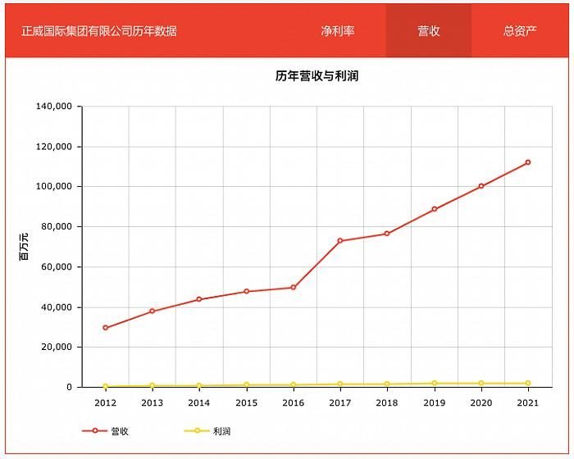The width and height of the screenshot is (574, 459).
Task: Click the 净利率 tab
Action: click(x=338, y=31)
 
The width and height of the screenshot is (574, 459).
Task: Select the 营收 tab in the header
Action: click(x=429, y=31)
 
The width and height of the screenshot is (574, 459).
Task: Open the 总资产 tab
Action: click(x=520, y=31)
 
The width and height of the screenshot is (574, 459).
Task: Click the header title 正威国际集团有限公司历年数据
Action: click(x=99, y=31)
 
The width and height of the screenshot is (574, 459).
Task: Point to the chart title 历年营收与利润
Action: click(x=317, y=76)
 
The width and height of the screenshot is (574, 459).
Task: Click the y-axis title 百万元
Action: click(x=24, y=247)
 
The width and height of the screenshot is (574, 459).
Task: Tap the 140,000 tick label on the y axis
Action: click(x=54, y=107)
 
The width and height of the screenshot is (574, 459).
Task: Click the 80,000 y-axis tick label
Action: click(x=57, y=227)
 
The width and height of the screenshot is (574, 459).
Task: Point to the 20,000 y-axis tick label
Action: click(x=57, y=348)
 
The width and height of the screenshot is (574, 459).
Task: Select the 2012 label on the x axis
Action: click(x=105, y=402)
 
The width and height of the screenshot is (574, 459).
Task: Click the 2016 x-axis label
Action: click(x=293, y=402)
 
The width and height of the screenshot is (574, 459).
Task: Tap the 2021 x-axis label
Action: click(x=528, y=402)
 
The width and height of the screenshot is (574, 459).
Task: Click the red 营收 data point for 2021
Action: click(x=528, y=162)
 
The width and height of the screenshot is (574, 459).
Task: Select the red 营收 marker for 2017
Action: click(x=340, y=241)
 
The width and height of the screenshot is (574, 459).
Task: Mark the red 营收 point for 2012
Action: click(x=105, y=328)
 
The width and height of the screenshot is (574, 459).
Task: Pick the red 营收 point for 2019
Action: click(x=434, y=209)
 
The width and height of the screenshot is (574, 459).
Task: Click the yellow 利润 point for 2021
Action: click(x=528, y=384)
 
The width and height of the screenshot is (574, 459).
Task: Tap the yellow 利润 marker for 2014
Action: click(x=199, y=385)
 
